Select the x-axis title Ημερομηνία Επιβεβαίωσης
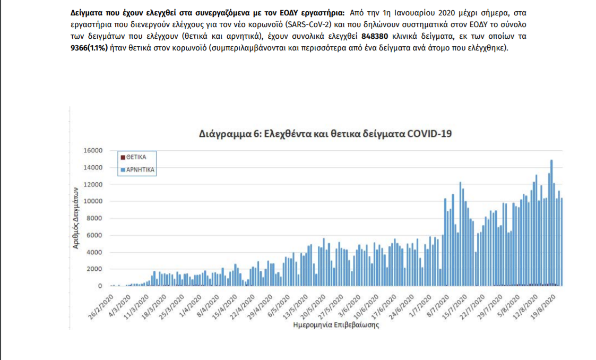coord(336,325)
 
